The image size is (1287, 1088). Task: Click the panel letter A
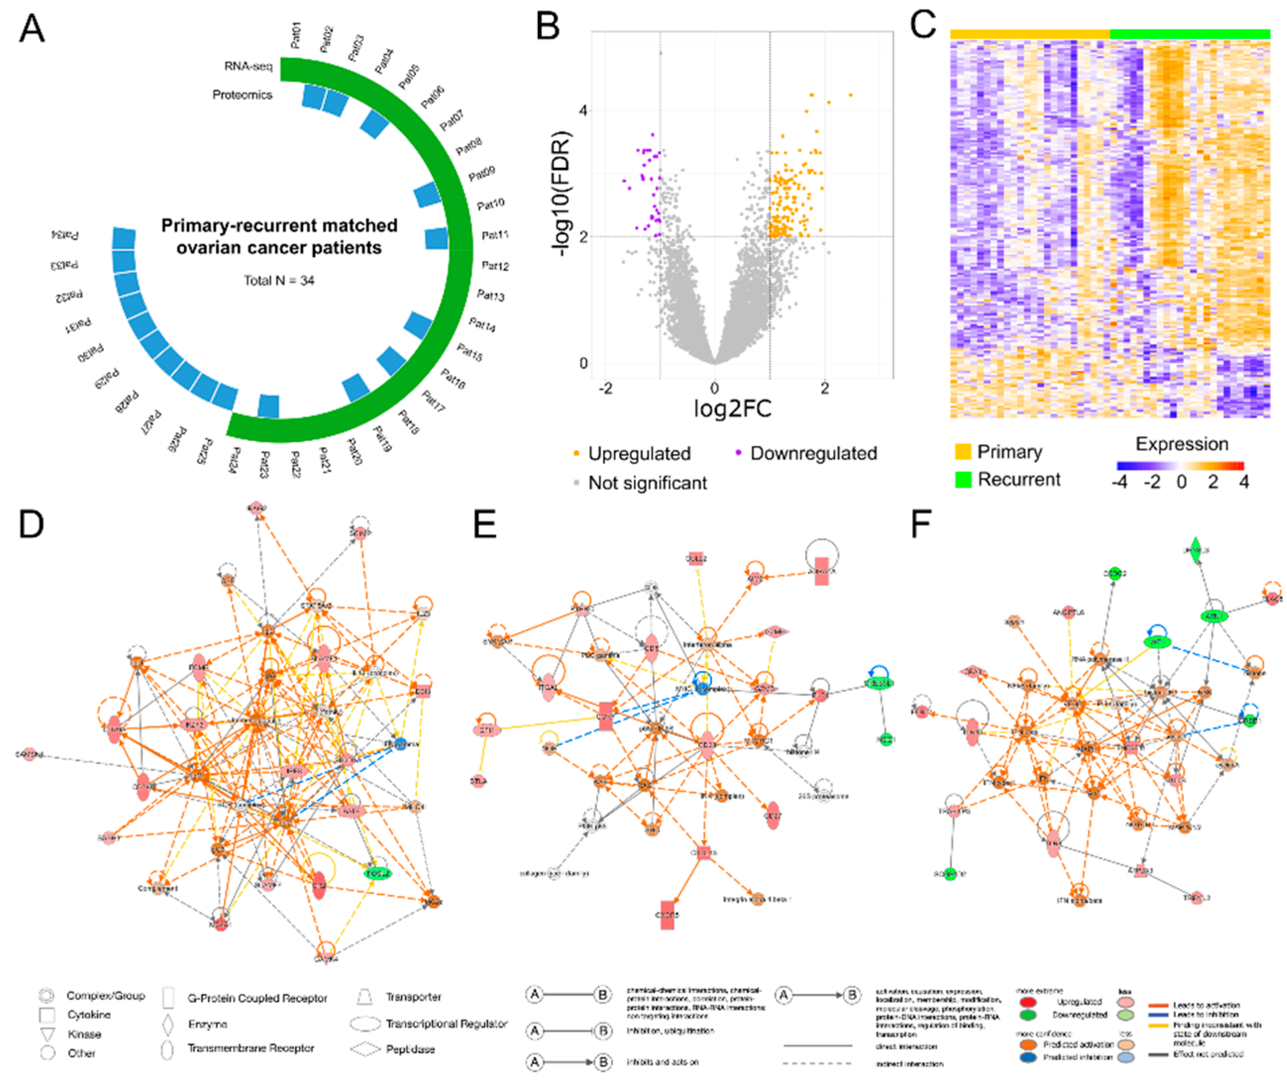click(x=32, y=29)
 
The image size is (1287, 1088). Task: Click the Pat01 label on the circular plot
click(x=296, y=36)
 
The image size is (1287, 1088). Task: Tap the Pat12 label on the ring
click(x=495, y=266)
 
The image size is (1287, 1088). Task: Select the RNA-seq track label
click(x=248, y=66)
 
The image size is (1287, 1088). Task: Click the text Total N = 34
click(x=279, y=281)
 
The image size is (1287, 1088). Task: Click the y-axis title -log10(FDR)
click(x=562, y=194)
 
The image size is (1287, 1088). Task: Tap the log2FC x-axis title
click(x=732, y=408)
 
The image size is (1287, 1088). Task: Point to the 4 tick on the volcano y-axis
click(x=583, y=111)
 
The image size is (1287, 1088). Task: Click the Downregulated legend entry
click(x=813, y=453)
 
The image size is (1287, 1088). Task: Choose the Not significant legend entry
click(x=647, y=483)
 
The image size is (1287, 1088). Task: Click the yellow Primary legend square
click(x=963, y=451)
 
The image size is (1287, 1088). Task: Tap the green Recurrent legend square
click(x=963, y=479)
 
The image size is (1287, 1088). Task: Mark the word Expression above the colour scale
click(x=1181, y=444)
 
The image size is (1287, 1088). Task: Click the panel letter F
click(x=921, y=524)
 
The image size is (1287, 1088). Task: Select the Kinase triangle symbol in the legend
click(x=48, y=1035)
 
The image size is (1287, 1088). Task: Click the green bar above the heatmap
click(x=1189, y=34)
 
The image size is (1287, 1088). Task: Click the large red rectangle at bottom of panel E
click(x=667, y=915)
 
